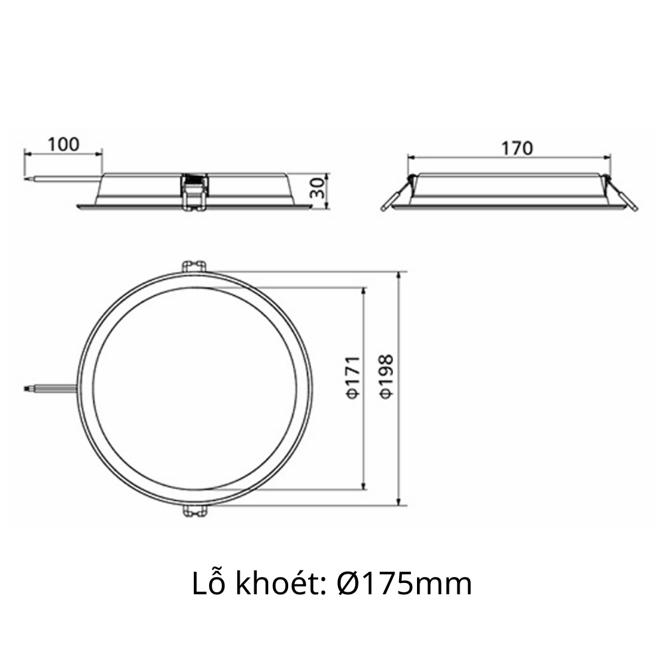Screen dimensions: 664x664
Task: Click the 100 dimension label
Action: (x=64, y=143)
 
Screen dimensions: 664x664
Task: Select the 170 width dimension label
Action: (x=517, y=147)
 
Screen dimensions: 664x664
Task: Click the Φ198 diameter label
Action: (x=386, y=376)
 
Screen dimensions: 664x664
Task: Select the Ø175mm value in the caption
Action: (x=404, y=584)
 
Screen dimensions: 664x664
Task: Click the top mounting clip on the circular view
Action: (x=194, y=265)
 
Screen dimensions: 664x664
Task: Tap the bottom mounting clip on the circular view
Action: (x=194, y=511)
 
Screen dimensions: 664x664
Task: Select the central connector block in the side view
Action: (x=195, y=191)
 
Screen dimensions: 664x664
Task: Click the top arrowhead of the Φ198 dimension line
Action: (x=398, y=275)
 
